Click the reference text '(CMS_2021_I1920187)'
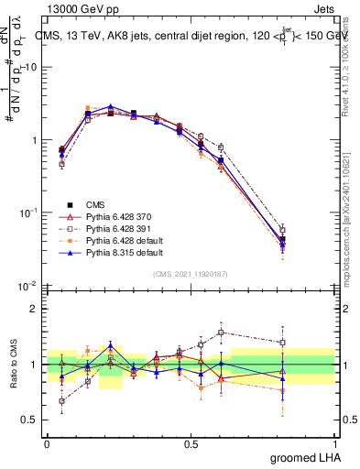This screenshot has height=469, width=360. (x=191, y=273)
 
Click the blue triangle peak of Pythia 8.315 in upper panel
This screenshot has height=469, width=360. (x=111, y=107)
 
